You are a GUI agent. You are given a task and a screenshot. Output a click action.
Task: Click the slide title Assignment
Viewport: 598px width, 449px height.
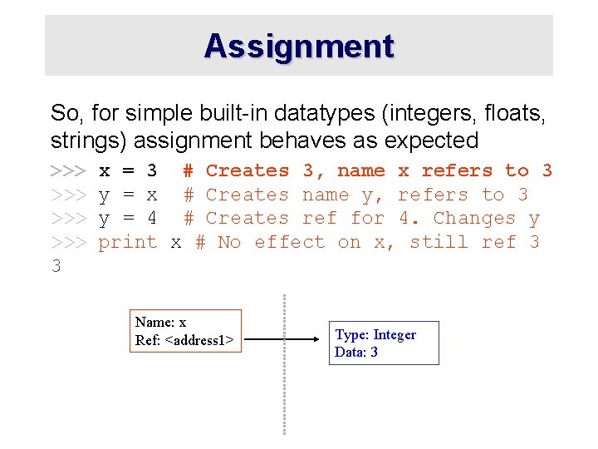pos(299,46)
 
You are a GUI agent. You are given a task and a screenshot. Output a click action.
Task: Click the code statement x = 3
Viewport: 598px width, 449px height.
pos(128,171)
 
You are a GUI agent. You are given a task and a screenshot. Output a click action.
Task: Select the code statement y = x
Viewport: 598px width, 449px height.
pos(128,195)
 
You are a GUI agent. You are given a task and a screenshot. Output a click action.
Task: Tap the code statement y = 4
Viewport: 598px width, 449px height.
pos(128,219)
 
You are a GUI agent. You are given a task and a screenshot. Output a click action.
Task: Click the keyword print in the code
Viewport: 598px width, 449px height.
pos(128,243)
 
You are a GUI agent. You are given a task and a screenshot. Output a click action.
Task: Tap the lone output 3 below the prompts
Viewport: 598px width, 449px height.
pos(56,267)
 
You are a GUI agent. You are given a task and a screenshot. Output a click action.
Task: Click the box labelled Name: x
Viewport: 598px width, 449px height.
pos(188,331)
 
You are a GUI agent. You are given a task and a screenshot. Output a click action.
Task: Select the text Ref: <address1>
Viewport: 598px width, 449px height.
pos(184,340)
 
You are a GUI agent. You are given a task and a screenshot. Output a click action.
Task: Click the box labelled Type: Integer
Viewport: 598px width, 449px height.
pos(384,343)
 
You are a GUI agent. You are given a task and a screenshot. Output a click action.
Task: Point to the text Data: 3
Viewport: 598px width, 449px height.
pos(356,353)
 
